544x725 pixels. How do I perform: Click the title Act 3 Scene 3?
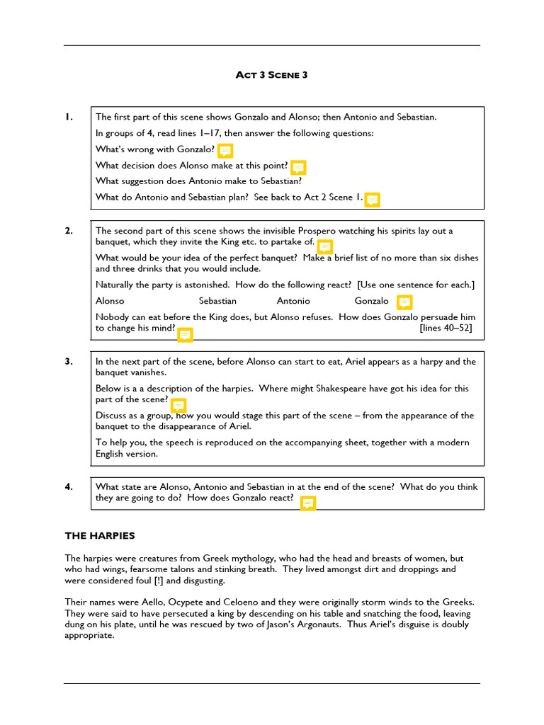click(271, 75)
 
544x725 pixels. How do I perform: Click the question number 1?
click(68, 117)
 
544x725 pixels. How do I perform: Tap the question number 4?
click(68, 486)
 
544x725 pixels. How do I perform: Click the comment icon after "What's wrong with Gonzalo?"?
click(225, 150)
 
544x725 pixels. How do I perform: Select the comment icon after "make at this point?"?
click(298, 167)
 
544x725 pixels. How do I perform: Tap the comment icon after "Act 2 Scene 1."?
click(372, 200)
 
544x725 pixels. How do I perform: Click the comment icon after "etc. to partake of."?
click(324, 246)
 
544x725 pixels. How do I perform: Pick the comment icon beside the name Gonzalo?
click(404, 302)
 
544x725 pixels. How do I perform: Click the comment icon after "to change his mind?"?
click(184, 334)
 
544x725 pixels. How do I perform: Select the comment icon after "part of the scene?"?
click(178, 405)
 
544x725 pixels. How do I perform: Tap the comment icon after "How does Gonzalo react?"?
click(307, 503)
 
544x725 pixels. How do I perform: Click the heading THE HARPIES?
click(100, 536)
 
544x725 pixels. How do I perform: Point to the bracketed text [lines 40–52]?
click(446, 328)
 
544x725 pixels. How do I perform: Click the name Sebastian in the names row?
click(217, 301)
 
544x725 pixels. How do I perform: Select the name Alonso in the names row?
click(110, 301)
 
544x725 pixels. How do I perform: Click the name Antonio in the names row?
click(293, 301)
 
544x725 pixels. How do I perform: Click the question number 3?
click(68, 362)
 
